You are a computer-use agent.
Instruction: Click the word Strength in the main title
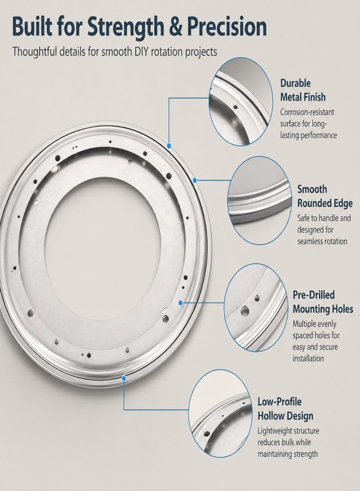[x=125, y=28]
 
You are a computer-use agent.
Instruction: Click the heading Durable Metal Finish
[x=303, y=90]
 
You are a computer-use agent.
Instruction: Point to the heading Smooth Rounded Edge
[x=325, y=196]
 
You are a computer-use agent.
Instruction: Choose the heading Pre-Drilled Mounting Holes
[x=323, y=302]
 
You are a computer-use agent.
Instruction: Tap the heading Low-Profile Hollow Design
[x=285, y=409]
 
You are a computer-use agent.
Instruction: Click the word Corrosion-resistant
[x=307, y=112]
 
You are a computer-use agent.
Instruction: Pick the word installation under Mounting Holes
[x=308, y=358]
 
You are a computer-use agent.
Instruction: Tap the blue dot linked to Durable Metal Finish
[x=169, y=146]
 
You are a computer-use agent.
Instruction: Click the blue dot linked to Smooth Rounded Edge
[x=195, y=180]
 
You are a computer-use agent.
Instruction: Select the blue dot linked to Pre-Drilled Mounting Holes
[x=181, y=302]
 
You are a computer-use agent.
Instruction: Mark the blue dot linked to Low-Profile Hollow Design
[x=124, y=379]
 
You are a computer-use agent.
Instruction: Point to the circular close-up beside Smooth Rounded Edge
[x=259, y=200]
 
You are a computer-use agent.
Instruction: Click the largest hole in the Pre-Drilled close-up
[x=244, y=310]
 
